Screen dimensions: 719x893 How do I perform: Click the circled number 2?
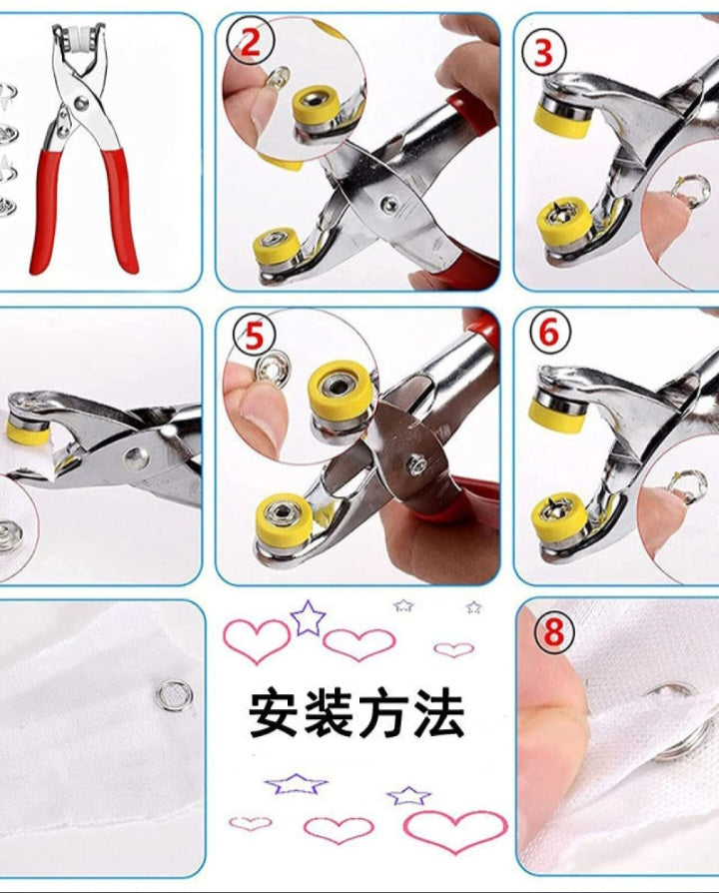(x=251, y=42)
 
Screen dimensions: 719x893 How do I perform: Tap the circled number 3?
(x=543, y=52)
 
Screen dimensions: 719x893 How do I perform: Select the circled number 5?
(x=255, y=337)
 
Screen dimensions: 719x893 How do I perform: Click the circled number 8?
(x=553, y=631)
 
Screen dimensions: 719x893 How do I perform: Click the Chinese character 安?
(x=273, y=714)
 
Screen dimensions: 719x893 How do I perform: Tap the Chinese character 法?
(x=437, y=714)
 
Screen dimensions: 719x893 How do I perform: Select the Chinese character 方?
(x=383, y=714)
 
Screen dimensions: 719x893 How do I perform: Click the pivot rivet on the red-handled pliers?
(x=80, y=103)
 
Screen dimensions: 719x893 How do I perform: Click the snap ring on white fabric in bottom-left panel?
(x=175, y=695)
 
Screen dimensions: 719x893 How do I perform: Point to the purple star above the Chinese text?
(x=308, y=618)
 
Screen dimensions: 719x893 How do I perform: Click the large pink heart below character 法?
(x=454, y=831)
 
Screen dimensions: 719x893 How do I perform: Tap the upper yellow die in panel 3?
(x=561, y=116)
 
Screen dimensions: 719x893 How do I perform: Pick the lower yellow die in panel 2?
(x=277, y=246)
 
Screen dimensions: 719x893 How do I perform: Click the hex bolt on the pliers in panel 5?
(x=415, y=466)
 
